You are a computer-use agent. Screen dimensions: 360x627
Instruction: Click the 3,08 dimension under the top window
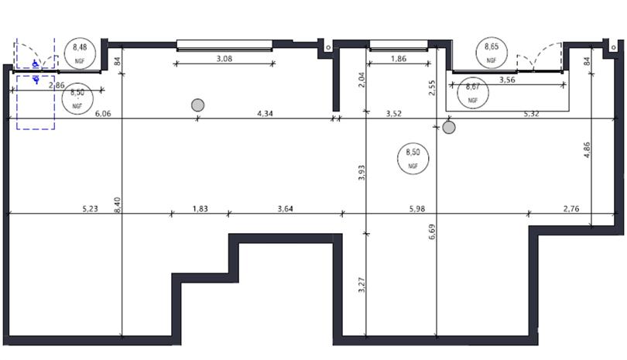coord(224,59)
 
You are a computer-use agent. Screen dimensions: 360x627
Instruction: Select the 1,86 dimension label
coord(398,59)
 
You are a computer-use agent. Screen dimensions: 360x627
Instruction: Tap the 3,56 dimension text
coord(507,79)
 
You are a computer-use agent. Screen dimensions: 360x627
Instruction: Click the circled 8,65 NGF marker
coord(491,52)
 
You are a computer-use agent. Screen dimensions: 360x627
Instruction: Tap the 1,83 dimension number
coord(200,209)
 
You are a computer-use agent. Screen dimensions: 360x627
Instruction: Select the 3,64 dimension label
coord(286,209)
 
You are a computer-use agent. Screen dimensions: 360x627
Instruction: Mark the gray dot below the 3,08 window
coord(197,105)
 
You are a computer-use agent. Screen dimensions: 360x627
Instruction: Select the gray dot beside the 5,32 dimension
coord(449,127)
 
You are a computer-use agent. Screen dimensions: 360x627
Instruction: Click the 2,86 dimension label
coord(56,85)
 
